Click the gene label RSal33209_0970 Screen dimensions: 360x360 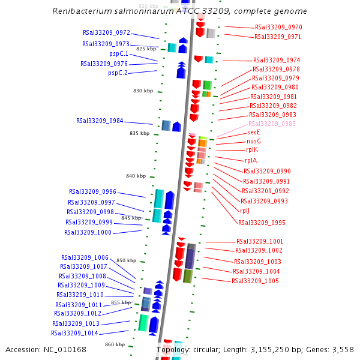[x=278, y=28]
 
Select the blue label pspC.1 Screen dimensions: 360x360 [x=118, y=54]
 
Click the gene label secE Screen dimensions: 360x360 [x=254, y=132]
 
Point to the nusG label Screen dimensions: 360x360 [x=254, y=141]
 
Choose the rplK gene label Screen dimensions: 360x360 [x=252, y=150]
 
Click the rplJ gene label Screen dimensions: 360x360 [x=245, y=211]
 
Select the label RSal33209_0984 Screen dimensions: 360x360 [x=100, y=121]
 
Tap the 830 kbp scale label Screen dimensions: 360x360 [x=143, y=91]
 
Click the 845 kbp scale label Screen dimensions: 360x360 [x=131, y=218]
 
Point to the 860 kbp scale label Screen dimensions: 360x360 [x=115, y=344]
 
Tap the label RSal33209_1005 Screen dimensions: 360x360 [x=255, y=281]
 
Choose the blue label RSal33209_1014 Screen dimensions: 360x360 [x=74, y=333]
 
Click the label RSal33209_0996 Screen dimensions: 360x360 [x=92, y=192]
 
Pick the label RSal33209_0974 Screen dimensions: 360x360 [x=277, y=61]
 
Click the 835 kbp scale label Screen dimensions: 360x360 [x=139, y=133]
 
